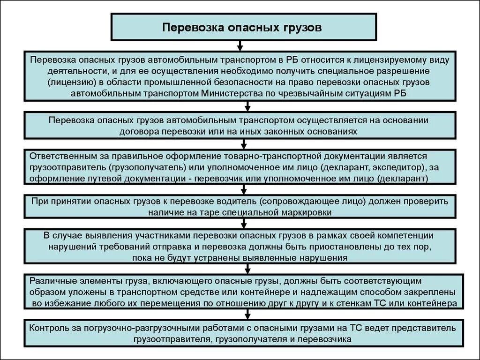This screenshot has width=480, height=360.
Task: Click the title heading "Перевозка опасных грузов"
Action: (242, 27)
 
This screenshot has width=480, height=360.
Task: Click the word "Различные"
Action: (50, 281)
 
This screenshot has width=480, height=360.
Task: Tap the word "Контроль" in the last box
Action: (47, 327)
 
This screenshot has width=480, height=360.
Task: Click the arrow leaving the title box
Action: (240, 45)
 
